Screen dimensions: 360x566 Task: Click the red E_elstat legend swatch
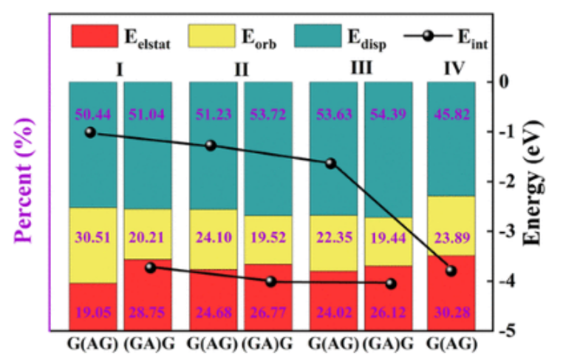[94, 34]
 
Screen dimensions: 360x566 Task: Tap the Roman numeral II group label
[241, 71]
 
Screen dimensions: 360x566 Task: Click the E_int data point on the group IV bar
[451, 271]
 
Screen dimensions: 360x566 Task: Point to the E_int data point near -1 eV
[90, 132]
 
